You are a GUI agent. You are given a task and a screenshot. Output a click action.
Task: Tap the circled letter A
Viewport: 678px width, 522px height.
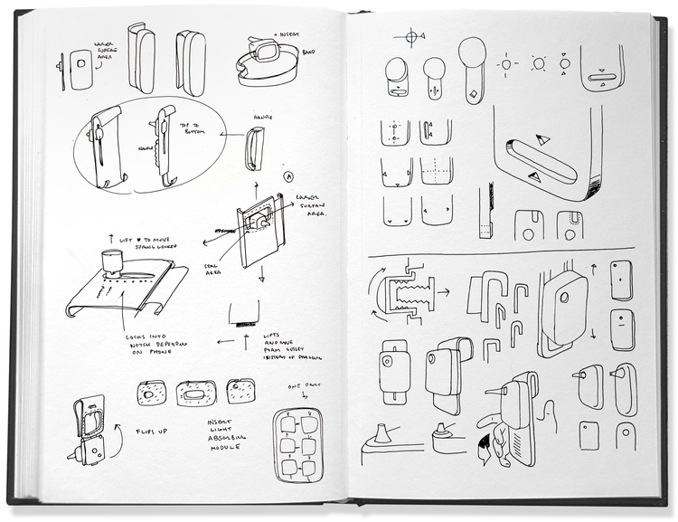(x=288, y=176)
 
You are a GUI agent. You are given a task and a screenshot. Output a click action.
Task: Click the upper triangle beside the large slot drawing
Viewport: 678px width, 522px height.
(x=542, y=139)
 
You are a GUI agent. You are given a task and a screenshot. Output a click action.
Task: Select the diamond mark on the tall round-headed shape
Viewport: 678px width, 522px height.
(x=475, y=93)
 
